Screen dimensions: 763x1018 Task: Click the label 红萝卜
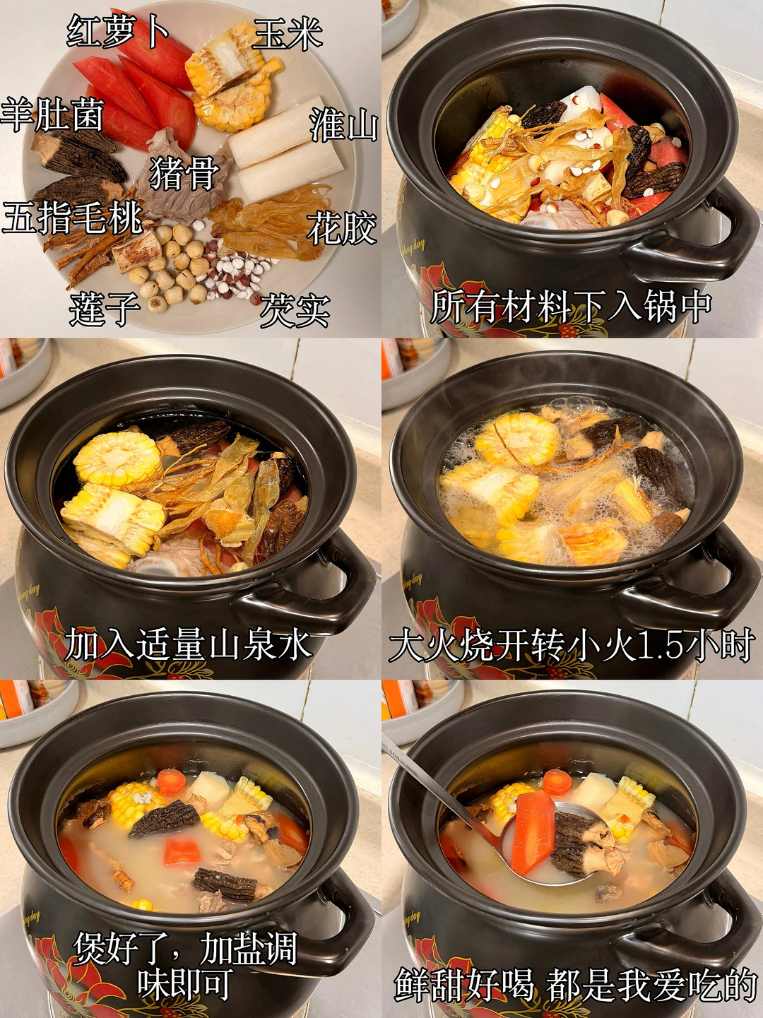pyautogui.click(x=118, y=30)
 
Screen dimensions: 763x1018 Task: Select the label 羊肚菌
pyautogui.click(x=52, y=114)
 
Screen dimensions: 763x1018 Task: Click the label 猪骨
pyautogui.click(x=184, y=172)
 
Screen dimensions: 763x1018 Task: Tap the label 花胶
pyautogui.click(x=341, y=227)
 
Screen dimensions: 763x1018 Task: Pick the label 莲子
pyautogui.click(x=105, y=310)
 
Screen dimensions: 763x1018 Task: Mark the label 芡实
pyautogui.click(x=295, y=311)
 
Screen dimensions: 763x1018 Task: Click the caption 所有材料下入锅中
pyautogui.click(x=571, y=306)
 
